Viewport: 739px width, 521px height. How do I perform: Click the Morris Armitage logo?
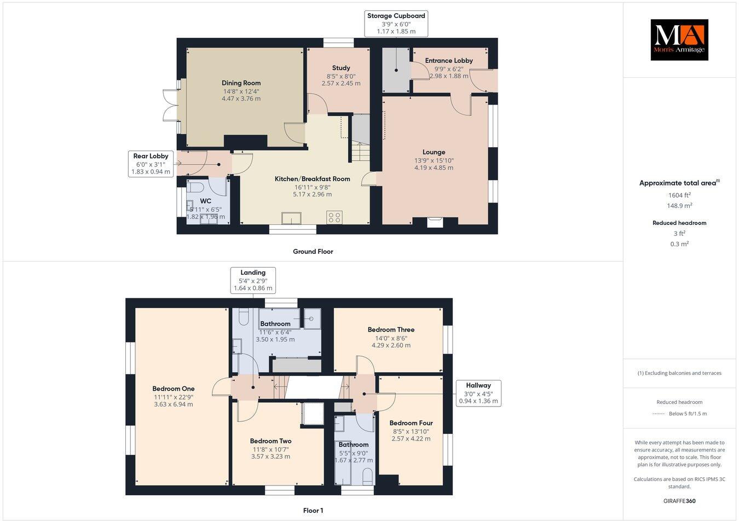pyautogui.click(x=679, y=39)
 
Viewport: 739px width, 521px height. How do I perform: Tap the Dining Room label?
pyautogui.click(x=241, y=83)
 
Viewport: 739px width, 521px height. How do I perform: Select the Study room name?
pyautogui.click(x=340, y=68)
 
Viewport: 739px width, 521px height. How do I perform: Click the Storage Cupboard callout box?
pyautogui.click(x=396, y=24)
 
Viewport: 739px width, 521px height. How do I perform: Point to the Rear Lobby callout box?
pyautogui.click(x=151, y=164)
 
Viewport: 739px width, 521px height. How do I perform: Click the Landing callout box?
pyautogui.click(x=253, y=280)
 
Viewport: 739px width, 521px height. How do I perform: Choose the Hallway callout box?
pyautogui.click(x=478, y=393)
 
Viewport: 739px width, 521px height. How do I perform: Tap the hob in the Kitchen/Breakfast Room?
pyautogui.click(x=334, y=217)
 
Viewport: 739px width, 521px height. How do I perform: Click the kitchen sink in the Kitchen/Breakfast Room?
pyautogui.click(x=291, y=218)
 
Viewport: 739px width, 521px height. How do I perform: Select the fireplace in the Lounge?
pyautogui.click(x=435, y=221)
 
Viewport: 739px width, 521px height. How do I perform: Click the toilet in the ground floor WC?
pyautogui.click(x=194, y=188)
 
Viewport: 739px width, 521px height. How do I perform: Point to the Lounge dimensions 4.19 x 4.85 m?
pyautogui.click(x=434, y=168)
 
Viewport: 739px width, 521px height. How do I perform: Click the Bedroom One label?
pyautogui.click(x=174, y=389)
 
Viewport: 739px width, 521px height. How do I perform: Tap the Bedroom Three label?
pyautogui.click(x=391, y=329)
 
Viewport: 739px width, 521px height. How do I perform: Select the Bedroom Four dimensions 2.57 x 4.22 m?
pyautogui.click(x=411, y=438)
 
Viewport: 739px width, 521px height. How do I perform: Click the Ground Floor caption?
pyautogui.click(x=313, y=252)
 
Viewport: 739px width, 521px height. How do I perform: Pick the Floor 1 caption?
pyautogui.click(x=313, y=511)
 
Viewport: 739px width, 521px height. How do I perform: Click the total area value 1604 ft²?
pyautogui.click(x=679, y=195)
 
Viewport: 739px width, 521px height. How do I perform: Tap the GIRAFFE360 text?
pyautogui.click(x=679, y=501)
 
